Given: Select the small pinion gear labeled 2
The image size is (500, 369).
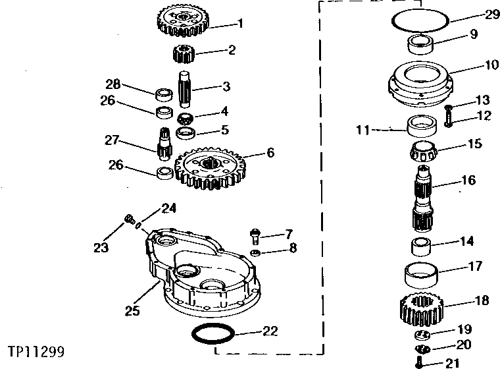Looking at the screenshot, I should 184,54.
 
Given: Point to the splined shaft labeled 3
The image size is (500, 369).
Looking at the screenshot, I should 184,87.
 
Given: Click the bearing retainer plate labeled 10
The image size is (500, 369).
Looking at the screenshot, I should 419,82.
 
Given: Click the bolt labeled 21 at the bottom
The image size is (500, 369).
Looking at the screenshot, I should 420,362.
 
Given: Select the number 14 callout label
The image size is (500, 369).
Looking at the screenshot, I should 466,242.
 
